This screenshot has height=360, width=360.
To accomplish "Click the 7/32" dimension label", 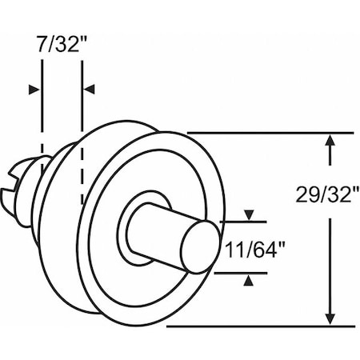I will (60, 43).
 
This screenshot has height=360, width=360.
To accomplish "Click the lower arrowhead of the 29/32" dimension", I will (330, 318).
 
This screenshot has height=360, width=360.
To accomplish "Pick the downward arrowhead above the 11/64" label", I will (250, 215).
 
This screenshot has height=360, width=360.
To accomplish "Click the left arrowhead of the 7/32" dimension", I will (34, 89).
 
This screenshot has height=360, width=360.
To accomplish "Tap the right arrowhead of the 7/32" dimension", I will (89, 89).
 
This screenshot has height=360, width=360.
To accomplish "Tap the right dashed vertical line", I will (82, 160).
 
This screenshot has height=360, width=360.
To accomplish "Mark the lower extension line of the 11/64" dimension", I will (240, 272).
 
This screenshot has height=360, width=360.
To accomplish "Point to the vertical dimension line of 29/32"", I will (330, 264).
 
